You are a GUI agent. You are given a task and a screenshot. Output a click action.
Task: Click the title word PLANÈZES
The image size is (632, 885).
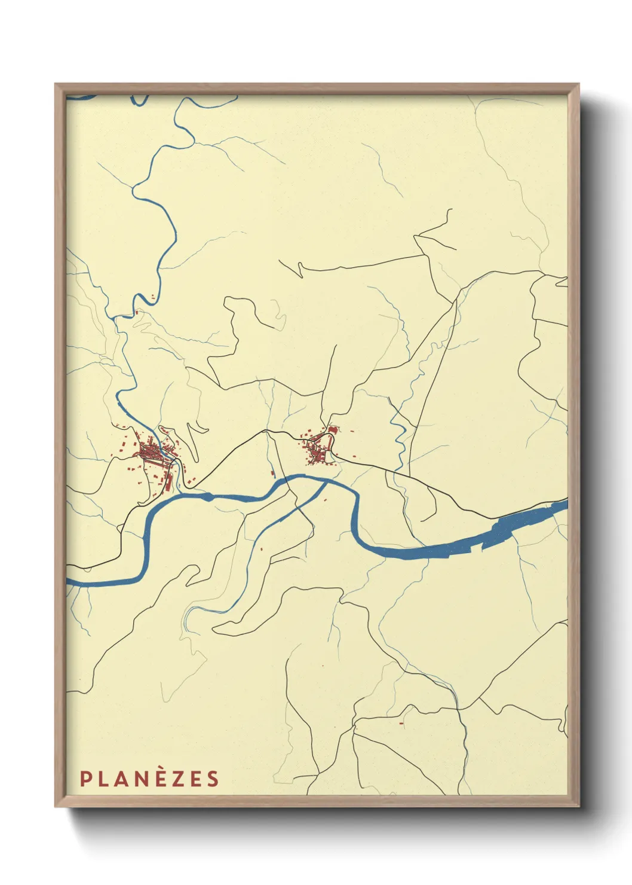coord(149,779)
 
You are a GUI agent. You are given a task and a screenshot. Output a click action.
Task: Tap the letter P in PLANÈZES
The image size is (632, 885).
coord(85,779)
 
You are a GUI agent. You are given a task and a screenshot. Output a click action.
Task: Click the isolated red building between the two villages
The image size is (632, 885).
coord(273,474)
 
